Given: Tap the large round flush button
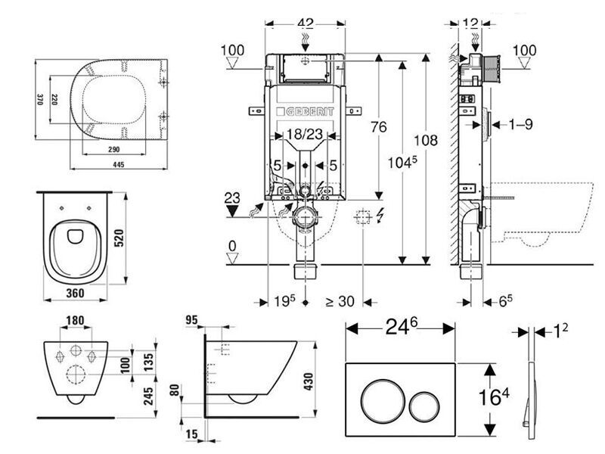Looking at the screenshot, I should pos(377,396).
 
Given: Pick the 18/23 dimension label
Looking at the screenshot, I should pos(303,135).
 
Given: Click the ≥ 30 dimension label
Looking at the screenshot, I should pos(340,300).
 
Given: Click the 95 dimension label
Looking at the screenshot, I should pos(192,320).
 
